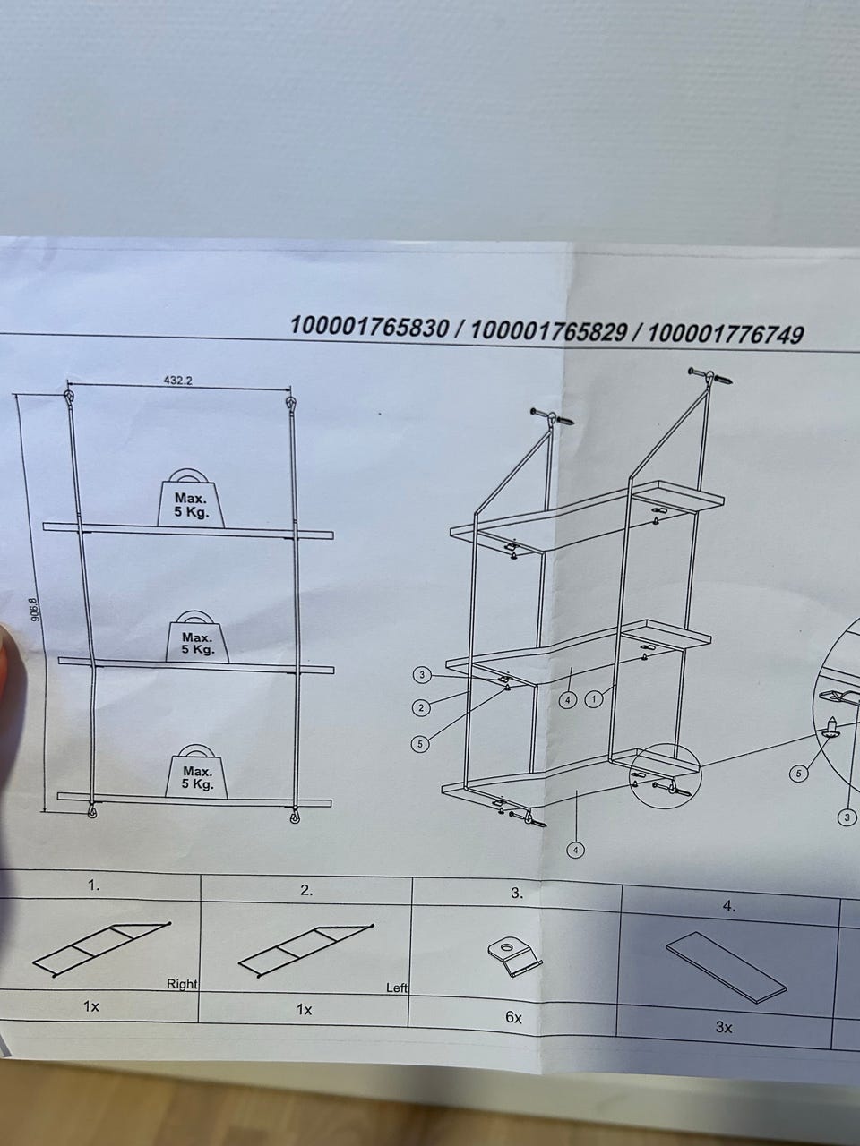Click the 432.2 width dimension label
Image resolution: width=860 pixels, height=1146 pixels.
point(178,381)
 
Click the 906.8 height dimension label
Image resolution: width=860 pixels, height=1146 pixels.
point(35,610)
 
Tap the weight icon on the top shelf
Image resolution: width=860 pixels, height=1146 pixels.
point(191,498)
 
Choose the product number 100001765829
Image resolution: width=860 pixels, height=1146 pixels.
point(548,330)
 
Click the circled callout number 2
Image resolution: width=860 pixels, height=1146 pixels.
point(421,708)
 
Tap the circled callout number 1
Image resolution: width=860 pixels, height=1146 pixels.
point(593,698)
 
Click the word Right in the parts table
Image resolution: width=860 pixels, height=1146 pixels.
point(182,984)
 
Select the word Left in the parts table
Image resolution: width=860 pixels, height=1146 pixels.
point(396,988)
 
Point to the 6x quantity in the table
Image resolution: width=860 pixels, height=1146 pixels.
point(513,1018)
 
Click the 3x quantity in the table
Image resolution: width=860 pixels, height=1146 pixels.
point(724,1028)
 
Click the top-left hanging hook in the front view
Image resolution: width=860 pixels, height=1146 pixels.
point(69,398)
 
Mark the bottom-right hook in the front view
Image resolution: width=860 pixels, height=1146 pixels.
point(295,816)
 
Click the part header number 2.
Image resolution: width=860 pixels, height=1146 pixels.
point(306,891)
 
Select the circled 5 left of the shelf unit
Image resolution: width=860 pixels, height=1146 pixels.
point(420,743)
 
